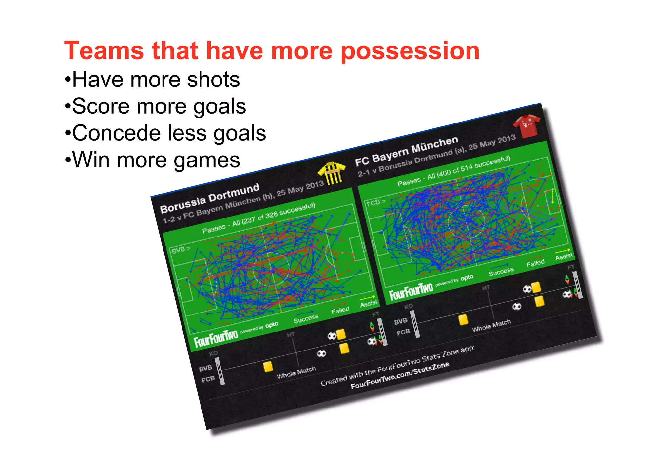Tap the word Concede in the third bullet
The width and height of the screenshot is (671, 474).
click(x=116, y=133)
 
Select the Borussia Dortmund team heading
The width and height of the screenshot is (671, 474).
click(x=210, y=198)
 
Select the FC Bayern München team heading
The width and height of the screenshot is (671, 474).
click(x=407, y=151)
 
